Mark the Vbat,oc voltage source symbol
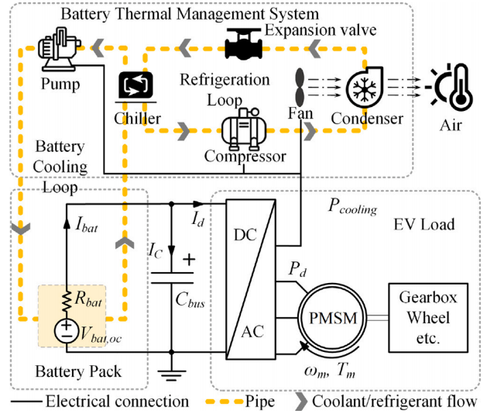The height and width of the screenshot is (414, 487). coord(63,330)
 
